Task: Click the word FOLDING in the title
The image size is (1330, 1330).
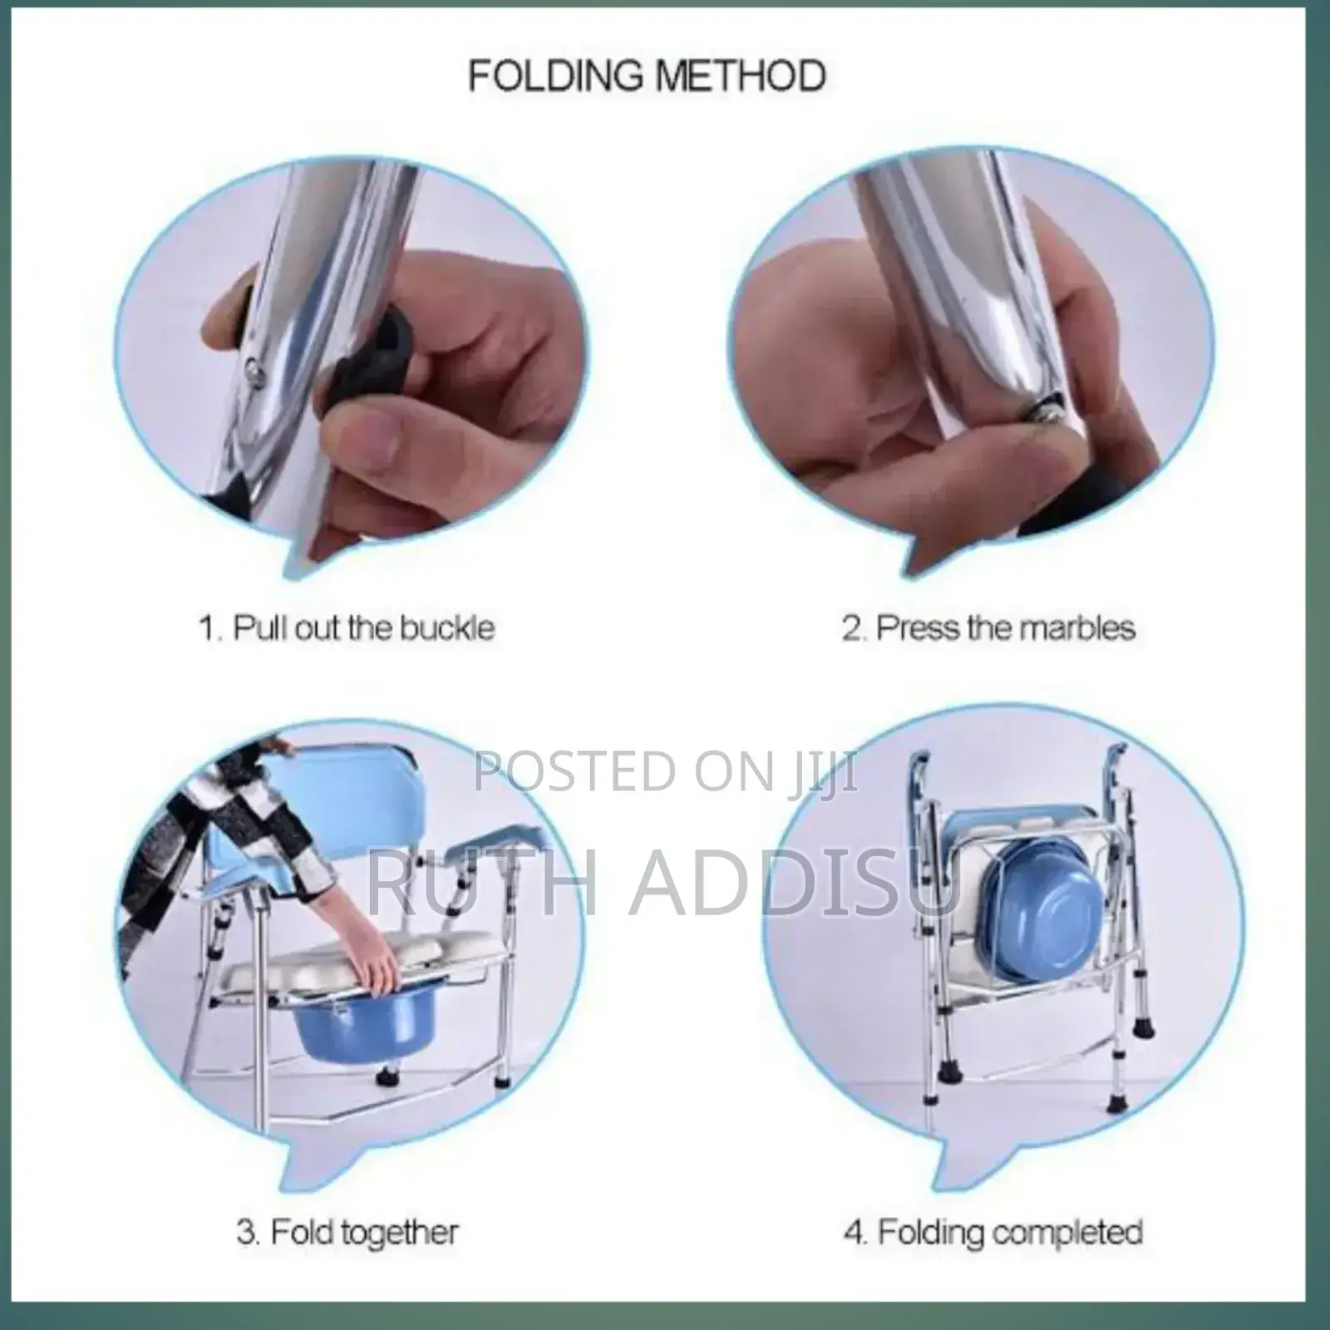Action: pos(555,76)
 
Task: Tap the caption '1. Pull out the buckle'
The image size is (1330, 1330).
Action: pos(347,627)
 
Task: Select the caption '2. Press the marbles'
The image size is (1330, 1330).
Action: pos(988,627)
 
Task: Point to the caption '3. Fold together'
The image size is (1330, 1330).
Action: pos(347,1231)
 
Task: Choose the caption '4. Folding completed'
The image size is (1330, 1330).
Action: pos(993,1231)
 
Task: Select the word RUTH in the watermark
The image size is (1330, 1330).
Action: pos(482,875)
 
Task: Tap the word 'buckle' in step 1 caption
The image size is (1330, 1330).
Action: pos(447,627)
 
